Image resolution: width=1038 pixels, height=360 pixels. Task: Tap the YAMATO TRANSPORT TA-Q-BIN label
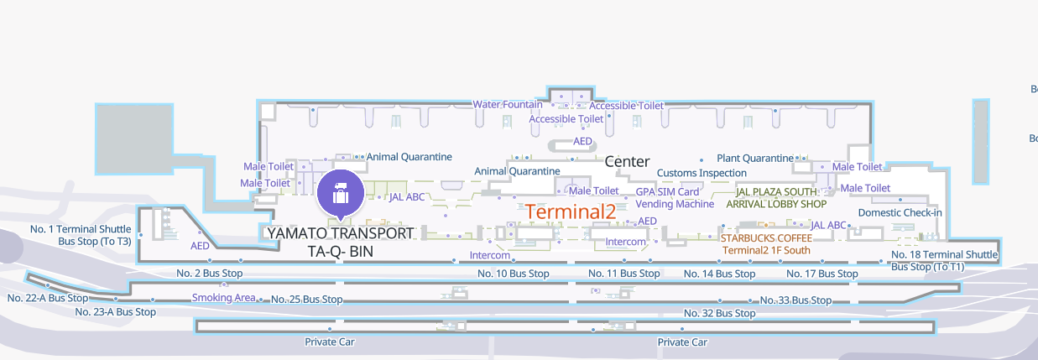[x=339, y=242]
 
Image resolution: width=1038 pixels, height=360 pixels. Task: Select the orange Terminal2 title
[x=571, y=211]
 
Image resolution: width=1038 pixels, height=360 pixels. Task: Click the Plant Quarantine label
[x=754, y=158]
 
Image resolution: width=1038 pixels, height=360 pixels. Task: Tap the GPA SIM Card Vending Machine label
[x=675, y=198]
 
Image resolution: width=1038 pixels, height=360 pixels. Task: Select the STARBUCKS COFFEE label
[x=766, y=238]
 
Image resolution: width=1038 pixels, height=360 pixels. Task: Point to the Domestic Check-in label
[x=900, y=212]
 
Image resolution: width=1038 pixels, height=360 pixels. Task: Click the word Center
[x=627, y=161]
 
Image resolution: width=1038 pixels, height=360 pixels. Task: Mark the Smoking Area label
[x=223, y=298]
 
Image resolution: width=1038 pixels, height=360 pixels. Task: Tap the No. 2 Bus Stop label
[x=210, y=273]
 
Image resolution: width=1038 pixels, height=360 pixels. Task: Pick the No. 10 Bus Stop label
[x=514, y=274]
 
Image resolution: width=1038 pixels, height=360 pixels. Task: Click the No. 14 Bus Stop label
[x=719, y=274]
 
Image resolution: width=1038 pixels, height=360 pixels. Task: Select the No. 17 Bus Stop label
[x=822, y=274]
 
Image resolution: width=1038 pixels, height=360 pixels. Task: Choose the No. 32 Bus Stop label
[x=719, y=313]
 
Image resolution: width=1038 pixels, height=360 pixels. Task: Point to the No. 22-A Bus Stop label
[x=47, y=298]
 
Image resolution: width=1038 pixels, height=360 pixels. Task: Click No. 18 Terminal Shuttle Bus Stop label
[x=944, y=260]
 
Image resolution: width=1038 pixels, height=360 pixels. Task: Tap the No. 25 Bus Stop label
[x=306, y=300]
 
